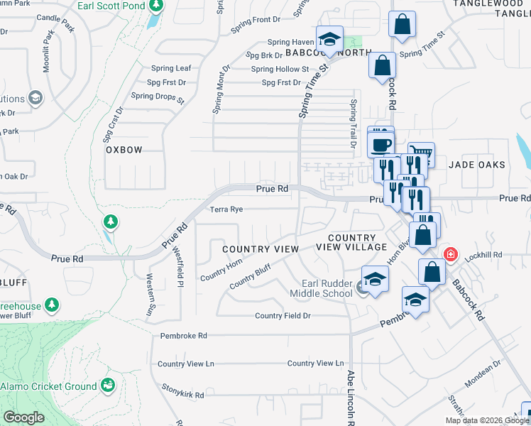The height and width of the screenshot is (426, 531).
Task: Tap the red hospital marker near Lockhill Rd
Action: pos(450,254)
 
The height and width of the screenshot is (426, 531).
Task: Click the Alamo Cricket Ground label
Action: pos(48,386)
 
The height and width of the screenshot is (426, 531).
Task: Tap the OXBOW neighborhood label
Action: pos(124,150)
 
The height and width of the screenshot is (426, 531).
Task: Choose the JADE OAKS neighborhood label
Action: pos(476,165)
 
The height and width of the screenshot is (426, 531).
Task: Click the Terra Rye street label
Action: pos(226,209)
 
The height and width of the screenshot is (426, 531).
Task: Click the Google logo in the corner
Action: pos(23,417)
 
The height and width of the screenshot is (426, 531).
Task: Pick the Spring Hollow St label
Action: pos(280,69)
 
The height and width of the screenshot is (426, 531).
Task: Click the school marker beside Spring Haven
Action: pos(329,38)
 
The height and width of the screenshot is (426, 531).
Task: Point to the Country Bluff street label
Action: pos(250,276)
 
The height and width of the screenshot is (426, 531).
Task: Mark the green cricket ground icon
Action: pos(108,386)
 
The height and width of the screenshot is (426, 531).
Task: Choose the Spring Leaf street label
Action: pos(171,68)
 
